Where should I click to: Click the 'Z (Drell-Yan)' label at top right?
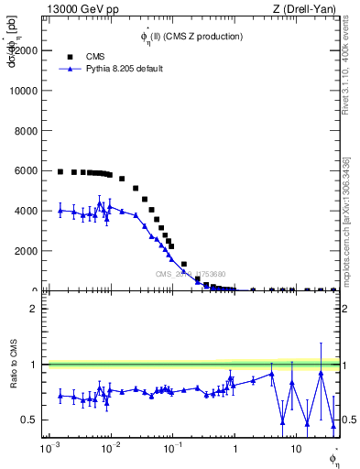pyautogui.click(x=304, y=9)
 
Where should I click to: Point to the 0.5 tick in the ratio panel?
pyautogui.click(x=32, y=420)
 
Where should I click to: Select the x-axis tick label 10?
pyautogui.click(x=295, y=450)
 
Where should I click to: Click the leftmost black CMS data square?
pyautogui.click(x=60, y=171)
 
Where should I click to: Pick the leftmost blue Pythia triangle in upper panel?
pyautogui.click(x=60, y=210)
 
